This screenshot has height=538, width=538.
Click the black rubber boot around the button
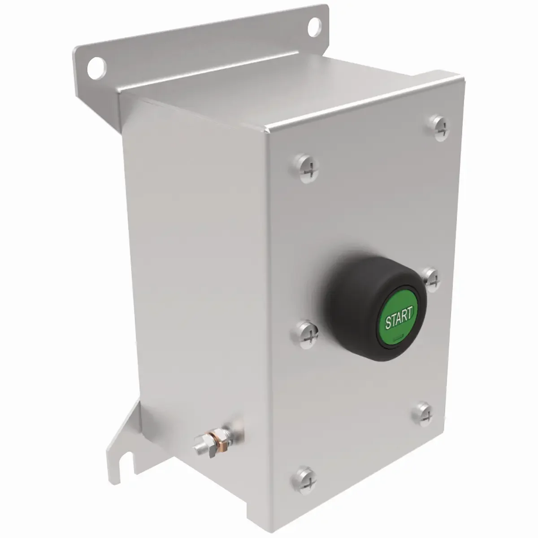(x=374, y=307)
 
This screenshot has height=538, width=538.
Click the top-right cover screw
(x=439, y=128)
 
